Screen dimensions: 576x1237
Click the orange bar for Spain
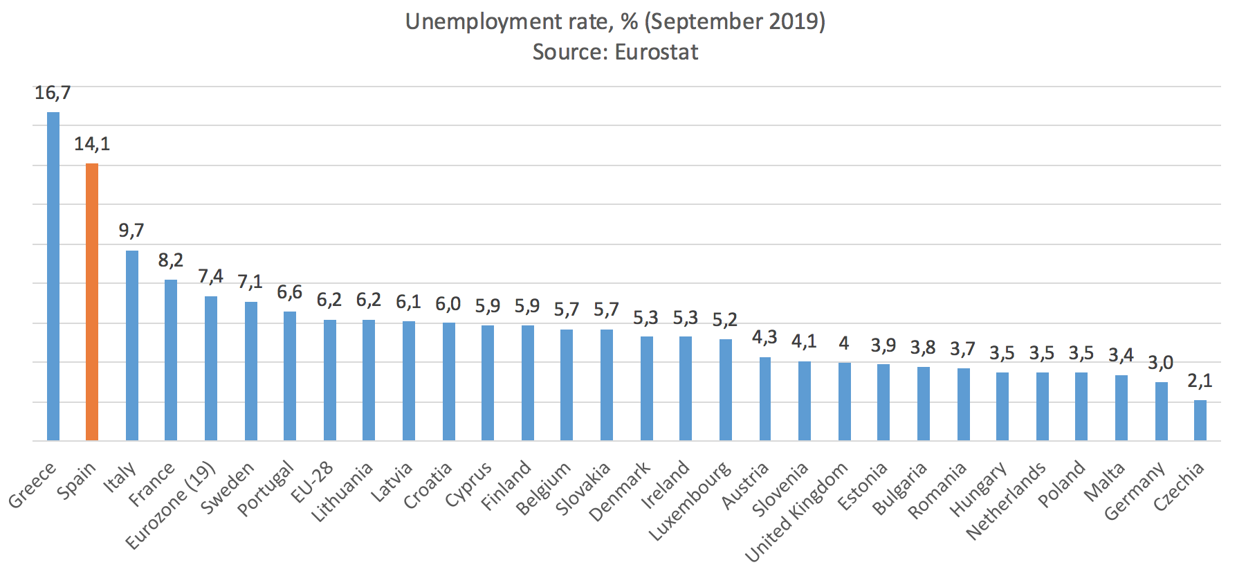click(x=92, y=302)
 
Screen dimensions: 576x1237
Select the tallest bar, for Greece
click(x=53, y=276)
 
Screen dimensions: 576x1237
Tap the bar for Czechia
click(x=1200, y=420)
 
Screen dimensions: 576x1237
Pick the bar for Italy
click(x=131, y=345)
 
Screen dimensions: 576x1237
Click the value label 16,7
click(x=53, y=93)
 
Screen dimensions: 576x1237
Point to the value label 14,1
click(x=92, y=144)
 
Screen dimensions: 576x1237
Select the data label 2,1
click(x=1200, y=381)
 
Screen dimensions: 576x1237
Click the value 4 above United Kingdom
click(x=844, y=343)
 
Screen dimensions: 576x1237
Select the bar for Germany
click(x=1161, y=411)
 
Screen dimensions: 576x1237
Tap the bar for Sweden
click(x=251, y=371)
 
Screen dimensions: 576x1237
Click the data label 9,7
click(x=131, y=231)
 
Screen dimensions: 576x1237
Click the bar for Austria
click(x=764, y=399)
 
